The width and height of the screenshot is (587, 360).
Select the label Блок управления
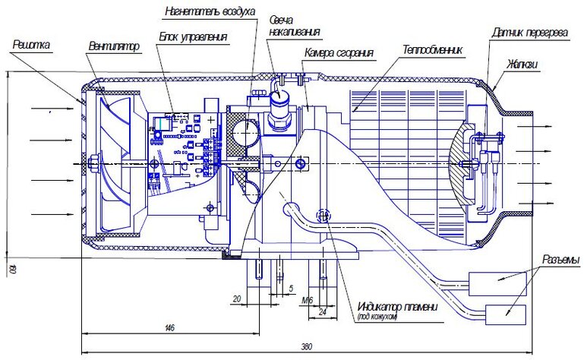[x=193, y=36]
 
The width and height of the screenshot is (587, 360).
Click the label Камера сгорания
[x=339, y=53]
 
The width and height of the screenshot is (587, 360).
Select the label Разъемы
[x=561, y=261]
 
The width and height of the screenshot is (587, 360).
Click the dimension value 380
[x=306, y=347]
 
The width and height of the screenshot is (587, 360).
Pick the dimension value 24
[x=322, y=310]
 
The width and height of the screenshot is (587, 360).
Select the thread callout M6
[x=308, y=300]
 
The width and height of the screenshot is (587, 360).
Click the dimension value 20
[x=237, y=299]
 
